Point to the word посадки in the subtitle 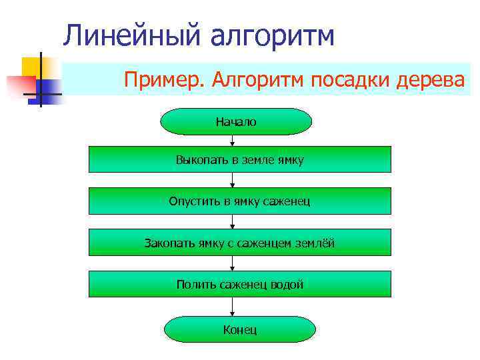click(349, 80)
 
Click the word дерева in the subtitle click(433, 80)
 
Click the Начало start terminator click(236, 122)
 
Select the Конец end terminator click(240, 330)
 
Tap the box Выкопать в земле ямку click(240, 160)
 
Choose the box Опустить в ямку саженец click(240, 201)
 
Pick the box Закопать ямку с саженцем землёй click(240, 243)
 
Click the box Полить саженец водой click(240, 285)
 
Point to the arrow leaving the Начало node click(233, 140)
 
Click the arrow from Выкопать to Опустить click(233, 180)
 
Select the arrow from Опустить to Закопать click(233, 222)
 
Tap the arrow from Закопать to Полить click(233, 264)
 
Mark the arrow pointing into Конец click(233, 307)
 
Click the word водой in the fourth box click(287, 285)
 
